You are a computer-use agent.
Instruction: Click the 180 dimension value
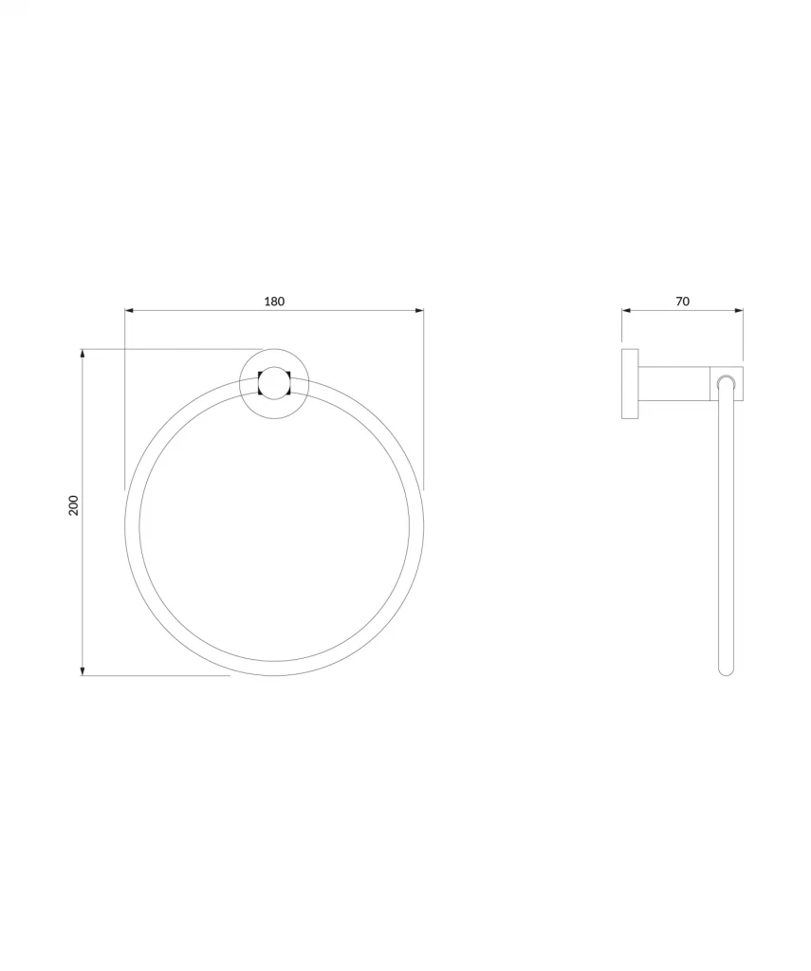point(274,302)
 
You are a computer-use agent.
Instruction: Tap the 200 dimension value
point(74,505)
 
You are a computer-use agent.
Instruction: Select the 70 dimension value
point(682,302)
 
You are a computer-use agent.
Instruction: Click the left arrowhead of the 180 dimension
point(130,311)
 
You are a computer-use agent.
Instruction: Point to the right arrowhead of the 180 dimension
point(419,311)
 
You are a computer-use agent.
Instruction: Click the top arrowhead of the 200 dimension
point(83,354)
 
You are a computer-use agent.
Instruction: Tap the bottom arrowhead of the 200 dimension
point(83,671)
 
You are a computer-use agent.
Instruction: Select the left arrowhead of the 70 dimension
point(626,311)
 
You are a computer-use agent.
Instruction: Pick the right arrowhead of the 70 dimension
point(739,311)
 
